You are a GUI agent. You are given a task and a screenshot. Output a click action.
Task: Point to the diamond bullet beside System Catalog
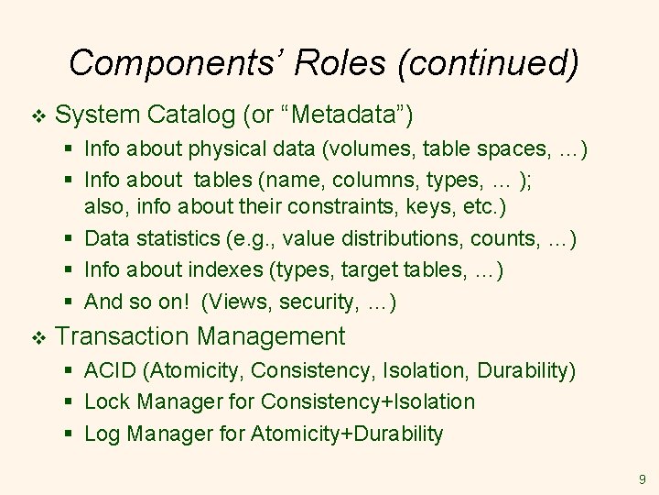(x=37, y=115)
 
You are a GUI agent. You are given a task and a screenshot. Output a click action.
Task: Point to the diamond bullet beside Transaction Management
(x=37, y=337)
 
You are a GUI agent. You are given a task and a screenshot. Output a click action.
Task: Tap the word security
(x=314, y=301)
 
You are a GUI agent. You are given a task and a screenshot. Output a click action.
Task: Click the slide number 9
(x=642, y=478)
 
